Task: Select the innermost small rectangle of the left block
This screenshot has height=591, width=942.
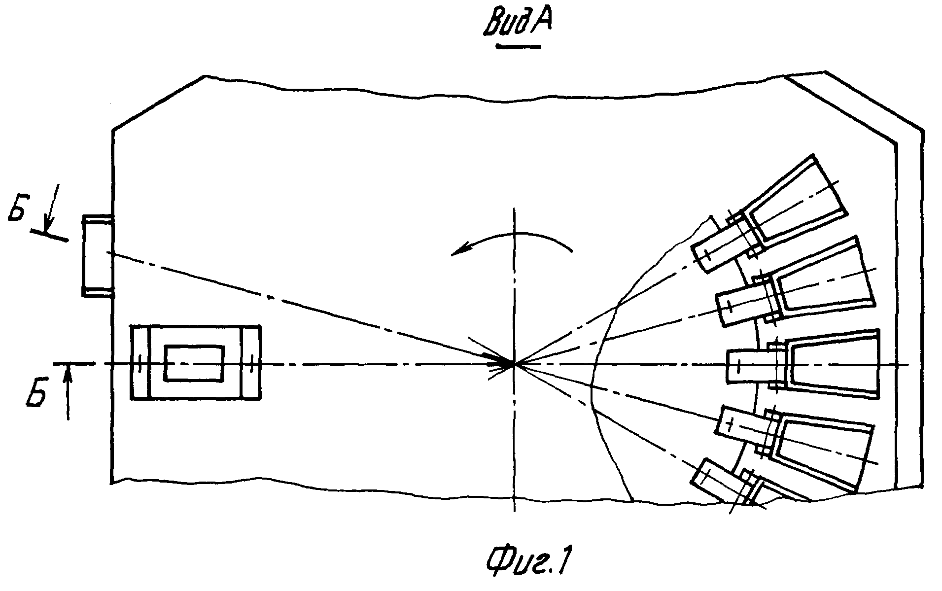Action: pyautogui.click(x=194, y=363)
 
